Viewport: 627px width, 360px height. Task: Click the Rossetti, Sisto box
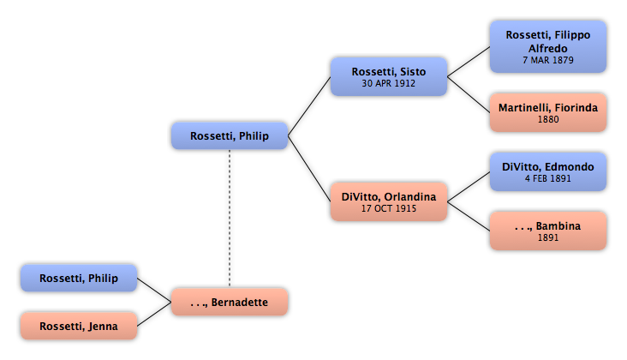point(389,76)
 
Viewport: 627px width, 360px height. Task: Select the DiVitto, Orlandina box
point(389,201)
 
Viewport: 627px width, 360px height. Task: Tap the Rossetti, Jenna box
point(79,326)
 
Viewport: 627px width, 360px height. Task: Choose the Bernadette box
point(230,302)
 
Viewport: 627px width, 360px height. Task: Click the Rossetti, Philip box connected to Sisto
point(230,135)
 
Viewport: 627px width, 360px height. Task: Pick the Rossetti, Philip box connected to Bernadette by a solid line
point(79,278)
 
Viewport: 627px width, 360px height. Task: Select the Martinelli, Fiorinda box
point(548,112)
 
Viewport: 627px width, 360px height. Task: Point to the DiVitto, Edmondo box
point(548,171)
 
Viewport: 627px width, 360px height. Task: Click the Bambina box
point(548,231)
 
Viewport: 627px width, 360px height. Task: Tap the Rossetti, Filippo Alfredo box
point(548,47)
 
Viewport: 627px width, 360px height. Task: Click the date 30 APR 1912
point(389,83)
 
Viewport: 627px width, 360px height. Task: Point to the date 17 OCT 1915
point(389,208)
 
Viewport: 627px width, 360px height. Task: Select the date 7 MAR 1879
point(548,60)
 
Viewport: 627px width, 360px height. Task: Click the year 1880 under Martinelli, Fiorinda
point(548,119)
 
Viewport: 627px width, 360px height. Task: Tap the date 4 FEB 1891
point(548,178)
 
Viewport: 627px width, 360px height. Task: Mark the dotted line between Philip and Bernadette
point(230,218)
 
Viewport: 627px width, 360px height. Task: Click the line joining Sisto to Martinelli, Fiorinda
point(469,94)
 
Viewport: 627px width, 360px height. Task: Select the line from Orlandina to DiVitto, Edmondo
point(469,187)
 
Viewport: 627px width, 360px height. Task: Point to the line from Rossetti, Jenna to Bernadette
point(154,314)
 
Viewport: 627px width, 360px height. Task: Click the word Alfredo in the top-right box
point(548,48)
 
